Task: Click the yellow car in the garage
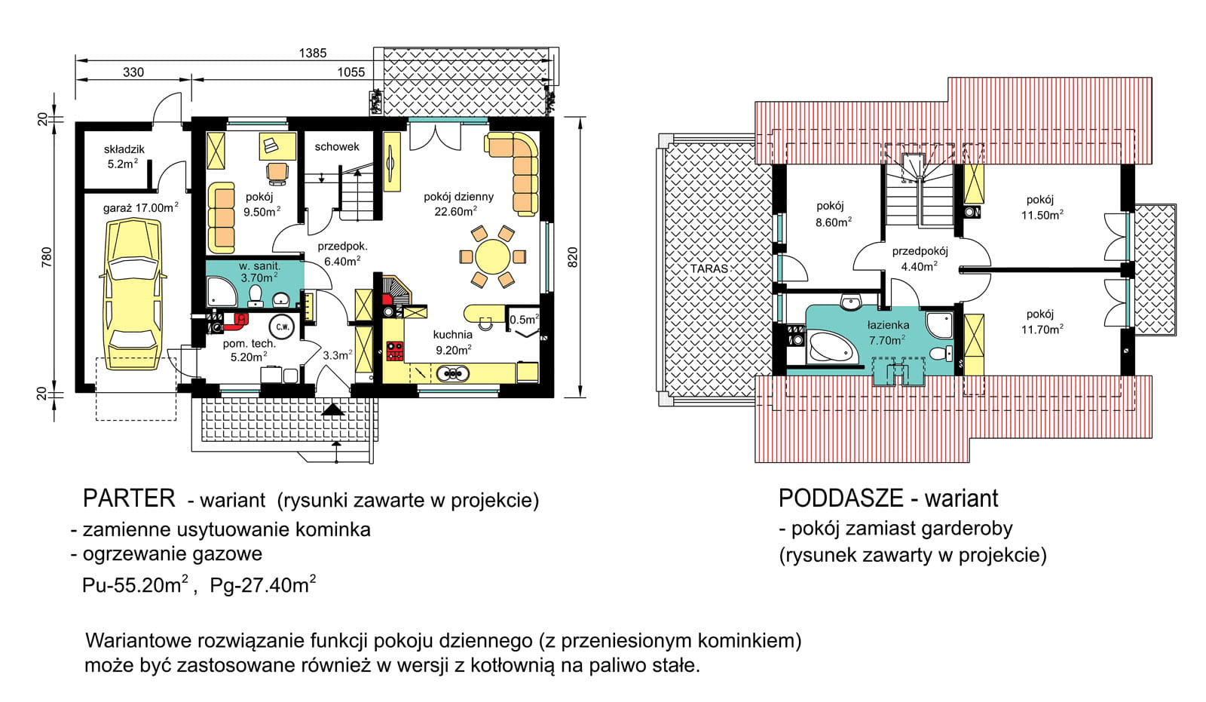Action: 133,296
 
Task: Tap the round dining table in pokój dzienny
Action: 493,257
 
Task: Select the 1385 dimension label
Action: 313,53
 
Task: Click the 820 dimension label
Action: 572,258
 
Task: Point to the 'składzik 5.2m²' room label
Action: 124,157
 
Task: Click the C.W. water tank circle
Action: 282,326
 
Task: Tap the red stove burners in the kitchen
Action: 395,351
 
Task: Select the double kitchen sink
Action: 453,372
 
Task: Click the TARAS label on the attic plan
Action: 709,268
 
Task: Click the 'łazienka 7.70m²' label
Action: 888,333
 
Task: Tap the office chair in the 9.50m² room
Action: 278,173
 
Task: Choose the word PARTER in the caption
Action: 129,498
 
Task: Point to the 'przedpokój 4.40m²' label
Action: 920,259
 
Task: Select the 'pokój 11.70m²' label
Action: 1042,322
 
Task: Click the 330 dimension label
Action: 133,72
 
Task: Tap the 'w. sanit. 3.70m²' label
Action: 259,273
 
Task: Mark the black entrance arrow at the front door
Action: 332,410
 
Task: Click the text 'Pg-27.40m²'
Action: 263,584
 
